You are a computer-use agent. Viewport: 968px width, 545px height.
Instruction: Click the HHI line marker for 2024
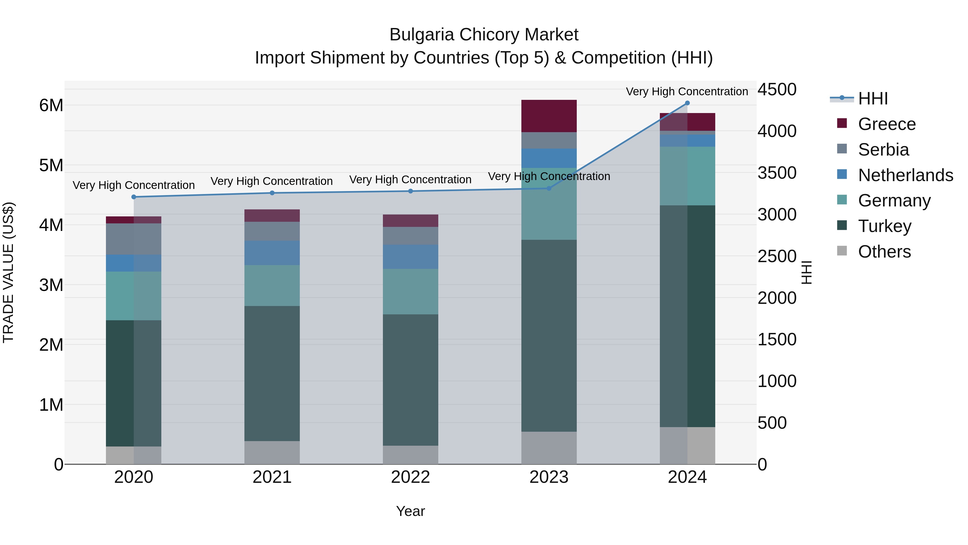(687, 103)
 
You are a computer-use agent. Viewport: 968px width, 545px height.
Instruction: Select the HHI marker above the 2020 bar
(134, 197)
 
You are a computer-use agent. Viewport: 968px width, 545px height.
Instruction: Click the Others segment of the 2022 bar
(410, 455)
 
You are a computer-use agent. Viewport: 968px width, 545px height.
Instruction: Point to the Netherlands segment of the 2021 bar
(272, 253)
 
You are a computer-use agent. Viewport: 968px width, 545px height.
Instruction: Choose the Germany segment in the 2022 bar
(410, 291)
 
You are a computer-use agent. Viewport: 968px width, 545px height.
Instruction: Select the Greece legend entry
(887, 124)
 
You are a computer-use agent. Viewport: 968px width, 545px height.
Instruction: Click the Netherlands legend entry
(905, 175)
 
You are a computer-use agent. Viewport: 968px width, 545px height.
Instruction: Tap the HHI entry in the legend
(873, 99)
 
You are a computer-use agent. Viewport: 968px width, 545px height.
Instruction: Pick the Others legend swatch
(842, 251)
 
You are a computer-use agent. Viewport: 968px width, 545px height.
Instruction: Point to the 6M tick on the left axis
(51, 105)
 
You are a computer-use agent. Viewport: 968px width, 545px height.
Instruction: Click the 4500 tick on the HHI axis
(777, 90)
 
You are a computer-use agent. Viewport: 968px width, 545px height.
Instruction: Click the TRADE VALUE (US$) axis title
(8, 272)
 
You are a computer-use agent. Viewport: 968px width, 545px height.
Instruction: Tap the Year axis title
(410, 511)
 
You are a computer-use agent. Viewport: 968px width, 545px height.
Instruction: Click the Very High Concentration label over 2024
(687, 92)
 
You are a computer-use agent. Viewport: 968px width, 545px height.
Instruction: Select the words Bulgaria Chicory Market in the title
(484, 35)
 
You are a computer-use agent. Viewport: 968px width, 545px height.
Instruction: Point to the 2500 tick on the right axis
(777, 256)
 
